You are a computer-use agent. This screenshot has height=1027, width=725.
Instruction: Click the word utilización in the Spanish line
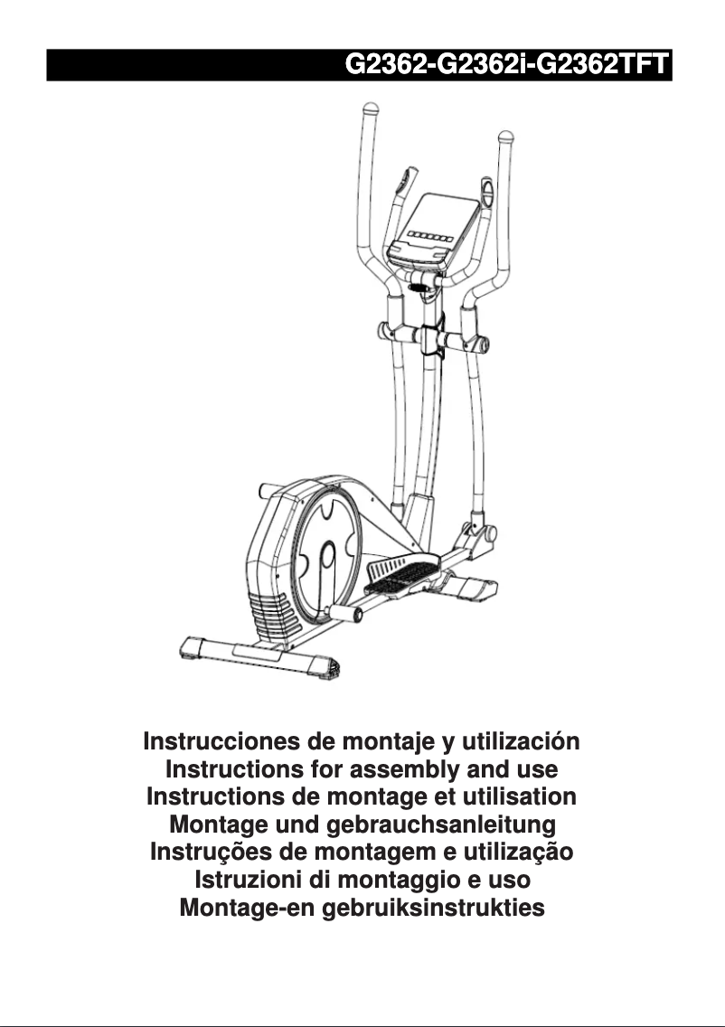coord(520,743)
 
